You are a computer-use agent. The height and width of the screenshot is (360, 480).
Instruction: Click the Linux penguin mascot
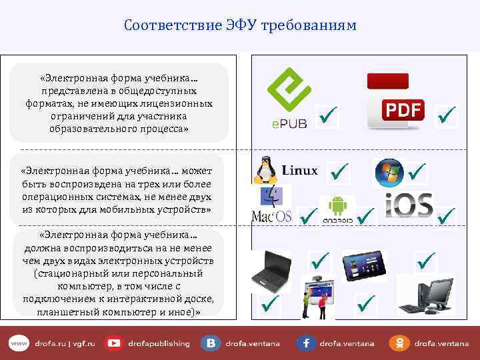(x=265, y=170)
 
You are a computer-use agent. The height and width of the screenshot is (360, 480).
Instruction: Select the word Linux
(x=300, y=170)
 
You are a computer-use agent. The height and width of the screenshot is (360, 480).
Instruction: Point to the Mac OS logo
(x=271, y=205)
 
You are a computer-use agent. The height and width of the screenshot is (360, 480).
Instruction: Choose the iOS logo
(x=409, y=205)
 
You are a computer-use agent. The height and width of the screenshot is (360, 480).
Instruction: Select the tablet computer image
(x=364, y=266)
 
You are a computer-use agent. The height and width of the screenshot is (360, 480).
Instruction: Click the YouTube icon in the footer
(x=114, y=343)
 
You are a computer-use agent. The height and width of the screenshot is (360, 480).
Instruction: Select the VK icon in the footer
(x=211, y=343)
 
